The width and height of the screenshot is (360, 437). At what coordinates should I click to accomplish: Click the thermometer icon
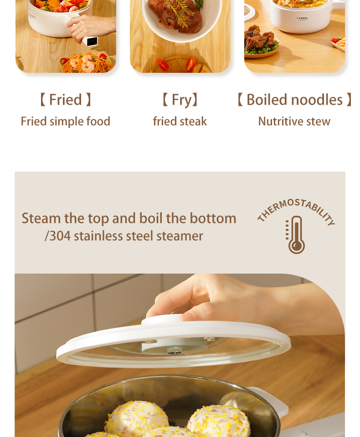(295, 235)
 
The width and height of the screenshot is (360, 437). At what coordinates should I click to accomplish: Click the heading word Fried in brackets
(65, 100)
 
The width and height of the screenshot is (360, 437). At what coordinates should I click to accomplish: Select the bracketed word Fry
(182, 100)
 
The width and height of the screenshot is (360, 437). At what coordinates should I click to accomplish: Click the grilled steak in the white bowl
(175, 15)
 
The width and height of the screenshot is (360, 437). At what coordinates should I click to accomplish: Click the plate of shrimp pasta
(87, 64)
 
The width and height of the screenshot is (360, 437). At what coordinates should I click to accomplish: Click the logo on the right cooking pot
(302, 18)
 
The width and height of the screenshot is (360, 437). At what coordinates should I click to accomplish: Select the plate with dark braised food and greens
(262, 42)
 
